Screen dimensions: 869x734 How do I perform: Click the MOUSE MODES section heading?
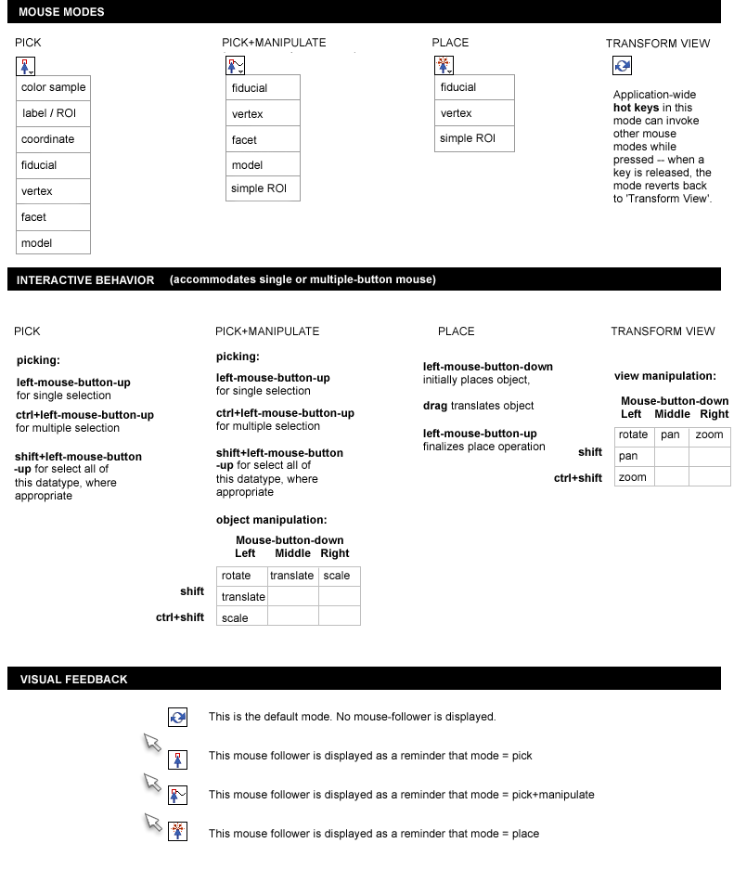pos(61,12)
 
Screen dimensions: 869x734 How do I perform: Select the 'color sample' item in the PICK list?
pos(54,87)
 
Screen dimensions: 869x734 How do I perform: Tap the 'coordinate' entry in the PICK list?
pos(48,139)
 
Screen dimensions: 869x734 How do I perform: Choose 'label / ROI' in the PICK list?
pos(49,113)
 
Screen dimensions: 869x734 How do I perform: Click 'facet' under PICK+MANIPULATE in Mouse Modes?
pos(244,140)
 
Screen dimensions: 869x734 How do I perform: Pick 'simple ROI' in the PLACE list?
pos(468,139)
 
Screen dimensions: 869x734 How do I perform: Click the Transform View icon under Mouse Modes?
pos(623,66)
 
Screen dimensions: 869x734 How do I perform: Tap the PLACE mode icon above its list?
pos(444,65)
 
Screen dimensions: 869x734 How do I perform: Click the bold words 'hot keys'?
pos(636,108)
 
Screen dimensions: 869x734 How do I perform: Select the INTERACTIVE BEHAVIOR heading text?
pos(85,279)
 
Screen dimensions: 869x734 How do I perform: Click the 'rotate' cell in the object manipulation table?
pos(237,576)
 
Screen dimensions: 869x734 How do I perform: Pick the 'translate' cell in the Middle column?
pos(292,576)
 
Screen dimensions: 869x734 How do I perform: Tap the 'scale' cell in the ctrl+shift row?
pos(235,617)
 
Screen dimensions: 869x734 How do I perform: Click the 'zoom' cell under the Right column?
pos(709,434)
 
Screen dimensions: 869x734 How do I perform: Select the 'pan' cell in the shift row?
pos(628,456)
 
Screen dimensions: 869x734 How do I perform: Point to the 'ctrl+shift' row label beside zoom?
pos(578,477)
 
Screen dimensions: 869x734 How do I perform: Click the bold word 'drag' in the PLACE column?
pos(435,406)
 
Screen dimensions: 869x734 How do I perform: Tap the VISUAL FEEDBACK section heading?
pos(74,680)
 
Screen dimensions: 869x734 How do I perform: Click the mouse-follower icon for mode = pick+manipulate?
pos(178,795)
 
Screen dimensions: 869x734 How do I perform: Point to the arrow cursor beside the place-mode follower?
pos(153,822)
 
